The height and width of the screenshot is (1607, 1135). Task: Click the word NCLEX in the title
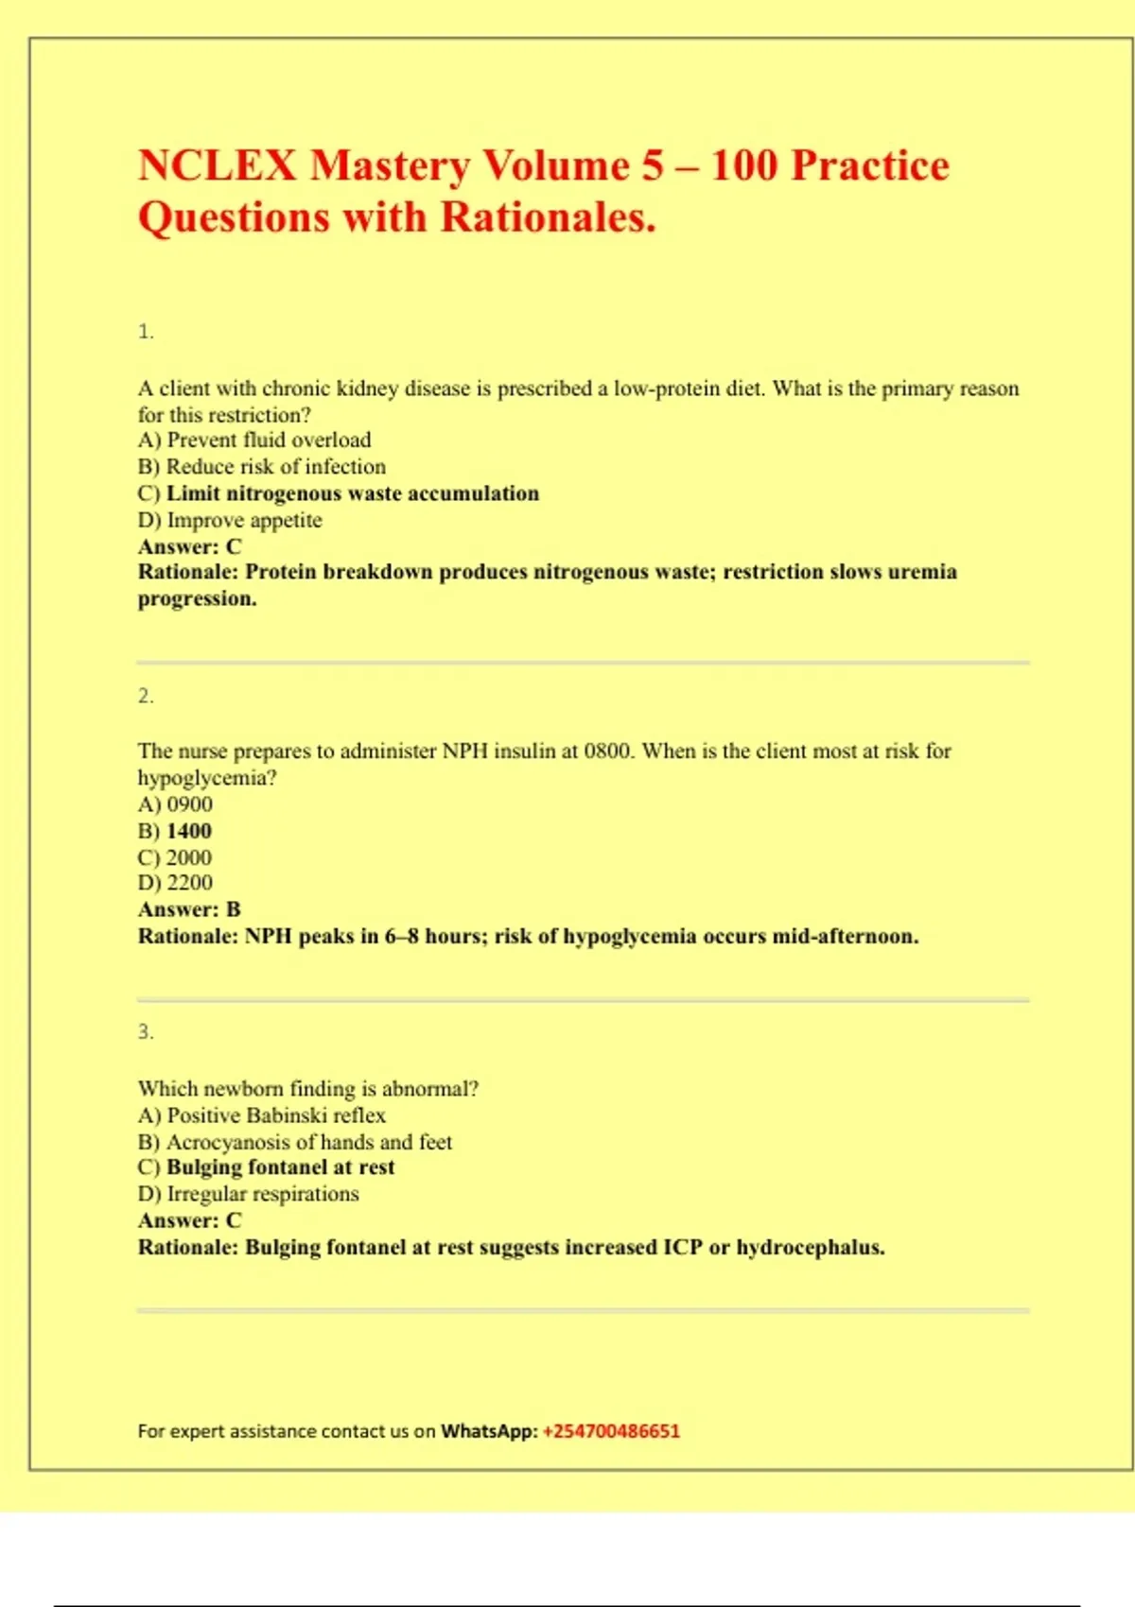pyautogui.click(x=218, y=166)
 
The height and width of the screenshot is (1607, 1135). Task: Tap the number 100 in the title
pyautogui.click(x=742, y=166)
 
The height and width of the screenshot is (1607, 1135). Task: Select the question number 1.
pyautogui.click(x=146, y=332)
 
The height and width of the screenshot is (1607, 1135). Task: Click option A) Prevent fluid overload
pyautogui.click(x=254, y=441)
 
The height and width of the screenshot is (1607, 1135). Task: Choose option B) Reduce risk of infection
pyautogui.click(x=262, y=467)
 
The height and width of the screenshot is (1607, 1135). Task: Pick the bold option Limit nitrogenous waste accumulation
pyautogui.click(x=352, y=493)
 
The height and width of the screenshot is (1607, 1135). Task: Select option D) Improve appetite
pyautogui.click(x=230, y=520)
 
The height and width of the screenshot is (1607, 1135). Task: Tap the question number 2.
pyautogui.click(x=146, y=697)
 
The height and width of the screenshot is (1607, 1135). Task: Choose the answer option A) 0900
pyautogui.click(x=175, y=804)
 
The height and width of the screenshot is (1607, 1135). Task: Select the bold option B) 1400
pyautogui.click(x=175, y=831)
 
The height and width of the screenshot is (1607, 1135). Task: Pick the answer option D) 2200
pyautogui.click(x=175, y=883)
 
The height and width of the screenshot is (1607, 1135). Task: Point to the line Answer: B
pyautogui.click(x=189, y=909)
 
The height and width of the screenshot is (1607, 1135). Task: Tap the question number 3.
pyautogui.click(x=146, y=1032)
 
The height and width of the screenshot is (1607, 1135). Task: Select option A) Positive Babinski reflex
pyautogui.click(x=262, y=1115)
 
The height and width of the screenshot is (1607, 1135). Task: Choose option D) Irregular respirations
pyautogui.click(x=249, y=1194)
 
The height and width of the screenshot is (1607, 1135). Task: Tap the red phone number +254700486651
pyautogui.click(x=611, y=1431)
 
